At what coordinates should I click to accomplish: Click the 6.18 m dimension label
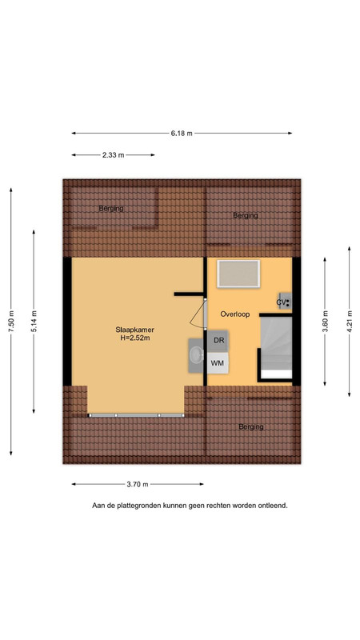pyautogui.click(x=182, y=133)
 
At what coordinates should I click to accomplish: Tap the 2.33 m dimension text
pyautogui.click(x=113, y=155)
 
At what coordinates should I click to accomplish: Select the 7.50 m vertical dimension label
pyautogui.click(x=11, y=322)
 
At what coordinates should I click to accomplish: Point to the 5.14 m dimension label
pyautogui.click(x=34, y=322)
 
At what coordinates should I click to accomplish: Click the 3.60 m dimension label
pyautogui.click(x=326, y=322)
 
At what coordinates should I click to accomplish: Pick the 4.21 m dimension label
pyautogui.click(x=350, y=322)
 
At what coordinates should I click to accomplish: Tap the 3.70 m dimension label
pyautogui.click(x=138, y=485)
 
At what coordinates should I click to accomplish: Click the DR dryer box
pyautogui.click(x=218, y=341)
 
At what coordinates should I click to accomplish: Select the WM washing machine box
pyautogui.click(x=218, y=363)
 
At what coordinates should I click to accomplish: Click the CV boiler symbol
pyautogui.click(x=285, y=302)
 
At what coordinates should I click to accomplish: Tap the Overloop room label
pyautogui.click(x=234, y=314)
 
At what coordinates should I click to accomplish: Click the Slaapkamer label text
pyautogui.click(x=134, y=330)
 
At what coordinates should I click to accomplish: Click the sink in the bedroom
pyautogui.click(x=196, y=354)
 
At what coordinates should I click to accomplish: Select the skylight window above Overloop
pyautogui.click(x=238, y=274)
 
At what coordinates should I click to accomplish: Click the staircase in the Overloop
pyautogui.click(x=275, y=348)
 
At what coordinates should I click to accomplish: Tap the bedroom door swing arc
pyautogui.click(x=197, y=313)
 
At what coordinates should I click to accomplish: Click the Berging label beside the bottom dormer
pyautogui.click(x=251, y=427)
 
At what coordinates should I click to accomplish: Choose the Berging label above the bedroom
pyautogui.click(x=111, y=209)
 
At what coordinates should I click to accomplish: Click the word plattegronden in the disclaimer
pyautogui.click(x=138, y=506)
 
